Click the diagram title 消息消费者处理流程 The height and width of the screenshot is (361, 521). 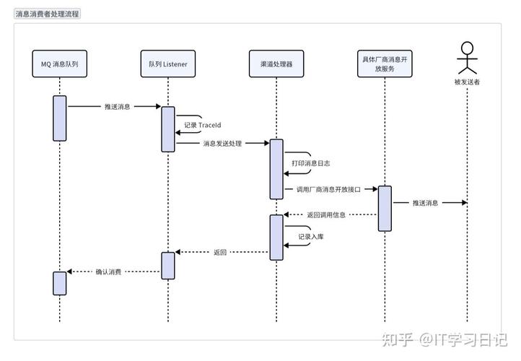[x=48, y=13]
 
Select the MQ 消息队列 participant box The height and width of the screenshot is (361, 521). [x=59, y=64]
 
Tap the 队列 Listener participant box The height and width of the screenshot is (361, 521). [x=167, y=64]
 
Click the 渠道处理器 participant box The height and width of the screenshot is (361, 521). [x=276, y=64]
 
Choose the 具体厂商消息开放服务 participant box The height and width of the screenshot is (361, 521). [x=385, y=64]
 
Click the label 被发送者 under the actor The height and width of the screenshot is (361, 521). [x=468, y=82]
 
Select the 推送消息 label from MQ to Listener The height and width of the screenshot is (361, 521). [x=118, y=106]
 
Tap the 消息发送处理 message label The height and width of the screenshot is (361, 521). [x=222, y=144]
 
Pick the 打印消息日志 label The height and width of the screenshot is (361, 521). [x=311, y=163]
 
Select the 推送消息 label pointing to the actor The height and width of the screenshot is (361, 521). [x=425, y=203]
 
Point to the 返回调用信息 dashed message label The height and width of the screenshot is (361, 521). [x=326, y=214]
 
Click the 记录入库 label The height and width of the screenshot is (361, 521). [x=311, y=235]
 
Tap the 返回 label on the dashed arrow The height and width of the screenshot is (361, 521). [x=220, y=253]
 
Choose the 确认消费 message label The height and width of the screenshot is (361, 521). [x=108, y=272]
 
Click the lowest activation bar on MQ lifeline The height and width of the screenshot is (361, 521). [x=59, y=282]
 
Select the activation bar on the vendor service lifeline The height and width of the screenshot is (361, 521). [x=385, y=208]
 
